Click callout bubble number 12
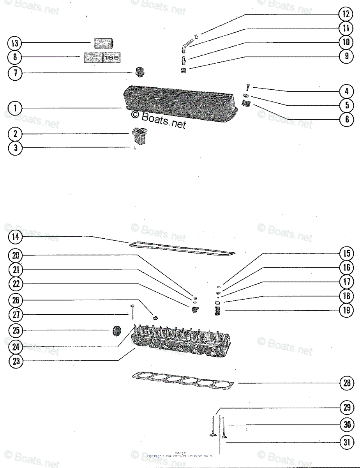[345, 14]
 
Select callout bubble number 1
[15, 108]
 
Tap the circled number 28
[346, 383]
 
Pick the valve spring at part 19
[218, 311]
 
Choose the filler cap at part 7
[139, 72]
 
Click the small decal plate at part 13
[103, 43]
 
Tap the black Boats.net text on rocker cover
[159, 119]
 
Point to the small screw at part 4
[247, 87]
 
